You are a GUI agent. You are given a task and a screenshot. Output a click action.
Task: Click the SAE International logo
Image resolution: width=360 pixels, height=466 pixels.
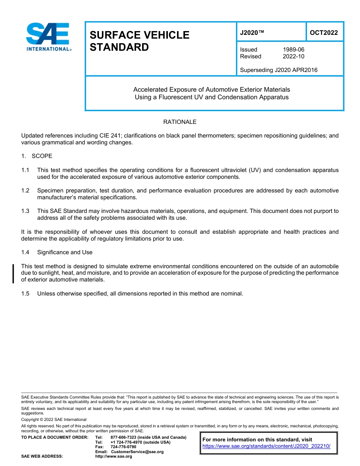click(48, 37)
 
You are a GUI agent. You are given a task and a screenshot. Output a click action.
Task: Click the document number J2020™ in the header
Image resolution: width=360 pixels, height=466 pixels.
click(252, 33)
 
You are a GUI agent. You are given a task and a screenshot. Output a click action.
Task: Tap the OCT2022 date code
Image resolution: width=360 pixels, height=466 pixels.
click(324, 33)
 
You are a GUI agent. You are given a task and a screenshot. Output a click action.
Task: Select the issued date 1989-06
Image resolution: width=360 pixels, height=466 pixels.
click(293, 50)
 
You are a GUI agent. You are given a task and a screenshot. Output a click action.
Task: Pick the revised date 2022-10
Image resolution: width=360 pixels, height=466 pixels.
click(293, 56)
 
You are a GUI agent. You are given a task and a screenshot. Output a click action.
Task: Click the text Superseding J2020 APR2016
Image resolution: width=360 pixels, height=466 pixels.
click(279, 70)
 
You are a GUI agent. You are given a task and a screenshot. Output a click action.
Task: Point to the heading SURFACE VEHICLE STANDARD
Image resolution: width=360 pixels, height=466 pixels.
click(139, 41)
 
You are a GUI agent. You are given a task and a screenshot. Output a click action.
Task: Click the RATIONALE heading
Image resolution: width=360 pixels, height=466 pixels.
click(180, 122)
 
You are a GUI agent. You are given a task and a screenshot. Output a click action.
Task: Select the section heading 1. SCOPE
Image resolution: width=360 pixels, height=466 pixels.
click(37, 156)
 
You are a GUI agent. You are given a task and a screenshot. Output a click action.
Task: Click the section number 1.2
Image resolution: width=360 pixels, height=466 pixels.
click(25, 191)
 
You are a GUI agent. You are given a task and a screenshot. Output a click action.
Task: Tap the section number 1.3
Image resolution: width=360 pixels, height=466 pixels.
click(25, 211)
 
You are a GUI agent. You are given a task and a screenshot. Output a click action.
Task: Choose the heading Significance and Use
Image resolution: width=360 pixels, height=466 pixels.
click(65, 252)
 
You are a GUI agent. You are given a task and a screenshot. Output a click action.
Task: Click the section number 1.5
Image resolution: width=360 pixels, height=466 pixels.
click(25, 294)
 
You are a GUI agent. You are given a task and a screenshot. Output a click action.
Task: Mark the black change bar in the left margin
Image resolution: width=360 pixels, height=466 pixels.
click(13, 274)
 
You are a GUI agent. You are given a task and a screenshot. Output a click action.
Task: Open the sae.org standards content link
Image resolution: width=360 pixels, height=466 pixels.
click(266, 446)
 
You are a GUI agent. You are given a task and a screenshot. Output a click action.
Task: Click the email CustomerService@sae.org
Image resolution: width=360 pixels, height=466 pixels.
click(137, 452)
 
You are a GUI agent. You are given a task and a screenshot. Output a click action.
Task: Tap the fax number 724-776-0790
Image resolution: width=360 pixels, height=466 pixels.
click(123, 447)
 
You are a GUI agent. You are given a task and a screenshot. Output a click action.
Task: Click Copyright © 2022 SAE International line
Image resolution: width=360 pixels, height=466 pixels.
click(54, 420)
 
